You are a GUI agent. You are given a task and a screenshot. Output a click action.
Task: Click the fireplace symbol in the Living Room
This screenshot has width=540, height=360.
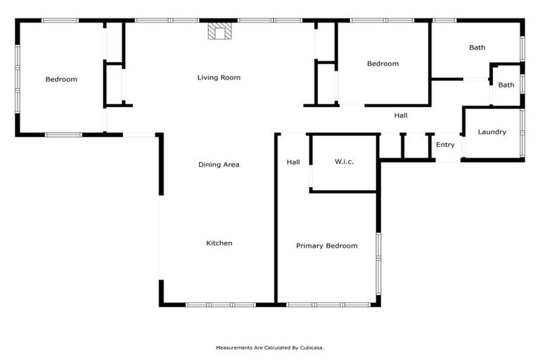pyautogui.click(x=219, y=32)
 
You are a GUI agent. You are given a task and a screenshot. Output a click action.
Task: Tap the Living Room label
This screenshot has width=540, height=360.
pyautogui.click(x=219, y=77)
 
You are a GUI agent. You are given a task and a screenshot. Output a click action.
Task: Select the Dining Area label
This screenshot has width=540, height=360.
pyautogui.click(x=219, y=165)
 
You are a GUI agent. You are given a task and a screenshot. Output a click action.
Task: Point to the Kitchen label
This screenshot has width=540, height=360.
pyautogui.click(x=219, y=243)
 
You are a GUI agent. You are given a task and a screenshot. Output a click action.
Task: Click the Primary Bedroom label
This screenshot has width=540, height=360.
pyautogui.click(x=326, y=246)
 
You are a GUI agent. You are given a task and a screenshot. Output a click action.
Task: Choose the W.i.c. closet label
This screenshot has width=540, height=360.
pyautogui.click(x=344, y=162)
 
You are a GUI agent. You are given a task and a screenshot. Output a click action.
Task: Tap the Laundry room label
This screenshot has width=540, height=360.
pyautogui.click(x=491, y=132)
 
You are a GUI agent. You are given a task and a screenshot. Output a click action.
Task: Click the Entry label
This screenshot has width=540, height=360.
pyautogui.click(x=445, y=145)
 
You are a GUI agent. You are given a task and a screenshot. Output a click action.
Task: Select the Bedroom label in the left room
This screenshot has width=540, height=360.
pyautogui.click(x=61, y=79)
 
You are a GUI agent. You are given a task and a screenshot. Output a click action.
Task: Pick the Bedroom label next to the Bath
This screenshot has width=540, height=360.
pyautogui.click(x=382, y=64)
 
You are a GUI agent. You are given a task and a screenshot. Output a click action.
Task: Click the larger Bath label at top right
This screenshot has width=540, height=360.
pyautogui.click(x=477, y=48)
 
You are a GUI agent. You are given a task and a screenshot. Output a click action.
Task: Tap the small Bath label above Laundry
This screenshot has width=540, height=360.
pyautogui.click(x=506, y=85)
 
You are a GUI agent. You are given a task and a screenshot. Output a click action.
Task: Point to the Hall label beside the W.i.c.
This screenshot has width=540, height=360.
pyautogui.click(x=293, y=162)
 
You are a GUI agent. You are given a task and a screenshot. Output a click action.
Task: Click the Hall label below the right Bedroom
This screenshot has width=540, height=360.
pyautogui.click(x=400, y=115)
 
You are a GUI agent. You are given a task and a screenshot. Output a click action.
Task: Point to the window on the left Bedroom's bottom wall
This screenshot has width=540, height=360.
pyautogui.click(x=63, y=134)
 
